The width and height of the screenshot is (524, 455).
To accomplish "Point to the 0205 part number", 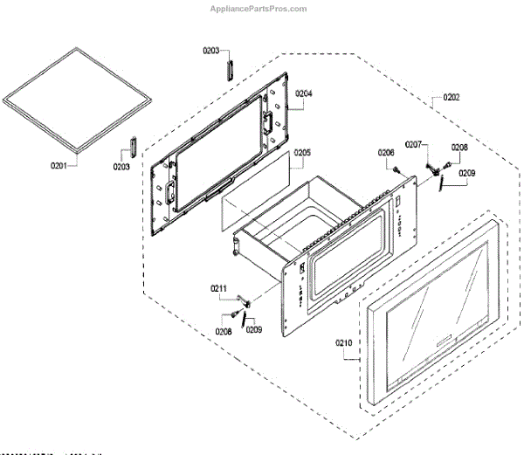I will (301, 152).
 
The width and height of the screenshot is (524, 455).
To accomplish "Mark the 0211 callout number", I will (217, 287).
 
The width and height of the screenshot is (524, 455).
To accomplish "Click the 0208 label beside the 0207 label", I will (459, 148).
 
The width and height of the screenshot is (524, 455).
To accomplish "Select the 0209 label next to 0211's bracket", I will (253, 330).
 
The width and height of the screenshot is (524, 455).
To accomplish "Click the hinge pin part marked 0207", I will (431, 167).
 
